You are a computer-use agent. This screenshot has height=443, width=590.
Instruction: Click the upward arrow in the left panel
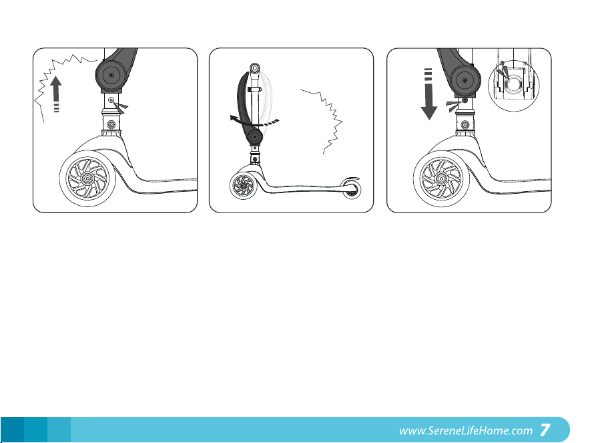click(x=55, y=94)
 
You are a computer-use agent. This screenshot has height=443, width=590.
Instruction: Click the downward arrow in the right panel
click(x=428, y=94)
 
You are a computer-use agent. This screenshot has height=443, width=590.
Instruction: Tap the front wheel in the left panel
click(x=87, y=178)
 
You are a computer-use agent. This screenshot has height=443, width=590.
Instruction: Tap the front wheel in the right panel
click(x=442, y=178)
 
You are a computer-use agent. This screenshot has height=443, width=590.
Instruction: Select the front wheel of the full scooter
click(x=244, y=185)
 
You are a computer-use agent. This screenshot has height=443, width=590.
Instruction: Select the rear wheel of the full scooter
click(x=352, y=190)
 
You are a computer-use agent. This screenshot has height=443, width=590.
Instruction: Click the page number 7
click(x=545, y=430)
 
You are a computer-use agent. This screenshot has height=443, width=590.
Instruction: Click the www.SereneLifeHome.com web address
click(x=466, y=430)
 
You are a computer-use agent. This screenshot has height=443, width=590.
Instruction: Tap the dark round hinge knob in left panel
click(x=110, y=75)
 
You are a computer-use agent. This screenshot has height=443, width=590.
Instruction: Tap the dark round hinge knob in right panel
click(x=465, y=80)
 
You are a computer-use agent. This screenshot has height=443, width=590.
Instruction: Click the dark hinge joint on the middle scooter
click(x=255, y=136)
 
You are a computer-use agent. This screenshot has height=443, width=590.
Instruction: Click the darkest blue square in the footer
click(x=12, y=430)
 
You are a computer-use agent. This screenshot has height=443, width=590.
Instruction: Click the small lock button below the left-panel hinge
click(x=111, y=100)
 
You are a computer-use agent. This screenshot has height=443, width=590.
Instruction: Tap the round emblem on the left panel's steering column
click(x=111, y=124)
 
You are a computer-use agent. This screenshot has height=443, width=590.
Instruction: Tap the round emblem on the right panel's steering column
click(x=465, y=125)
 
